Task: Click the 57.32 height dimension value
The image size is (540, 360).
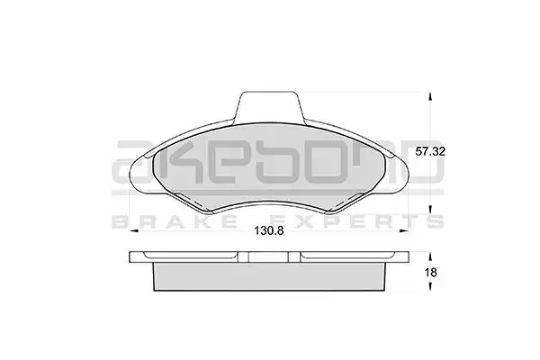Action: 430,151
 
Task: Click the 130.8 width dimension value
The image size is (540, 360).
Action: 269,230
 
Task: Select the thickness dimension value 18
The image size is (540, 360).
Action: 430,273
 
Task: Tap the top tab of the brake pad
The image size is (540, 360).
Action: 269,107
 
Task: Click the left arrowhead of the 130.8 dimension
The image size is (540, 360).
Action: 133,230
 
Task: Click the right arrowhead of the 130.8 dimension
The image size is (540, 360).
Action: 404,230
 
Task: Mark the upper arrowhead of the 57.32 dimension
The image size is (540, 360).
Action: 429,97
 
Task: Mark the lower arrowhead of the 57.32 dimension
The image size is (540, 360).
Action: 429,210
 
